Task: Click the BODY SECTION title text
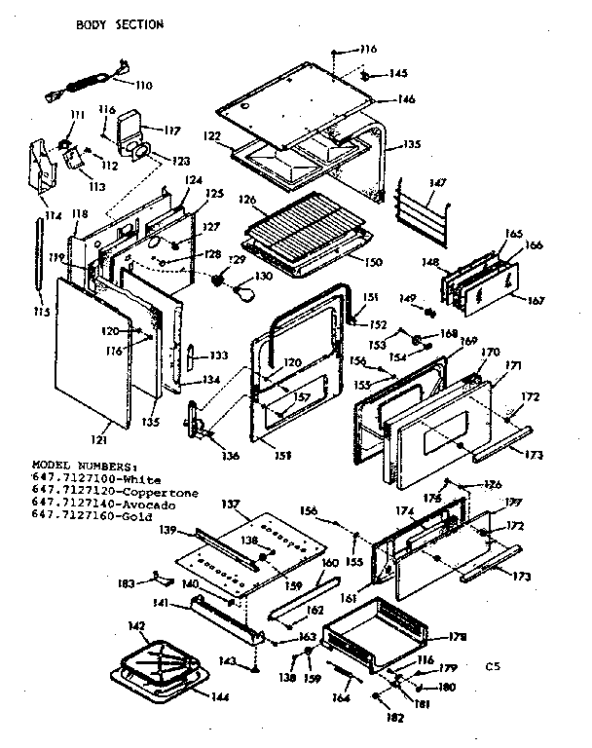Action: point(120,24)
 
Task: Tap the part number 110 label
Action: point(143,86)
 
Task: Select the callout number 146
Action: point(404,98)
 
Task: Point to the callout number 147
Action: point(437,182)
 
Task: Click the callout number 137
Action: point(231,503)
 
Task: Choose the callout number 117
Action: point(171,130)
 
